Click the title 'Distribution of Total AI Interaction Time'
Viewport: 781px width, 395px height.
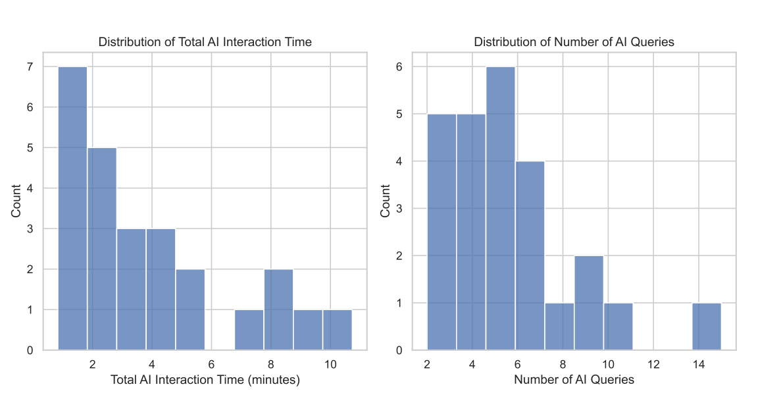(x=205, y=42)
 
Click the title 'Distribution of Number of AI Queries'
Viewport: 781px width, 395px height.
(x=574, y=42)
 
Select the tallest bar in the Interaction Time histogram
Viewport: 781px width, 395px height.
(x=72, y=208)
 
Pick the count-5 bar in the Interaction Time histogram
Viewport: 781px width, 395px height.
(x=102, y=249)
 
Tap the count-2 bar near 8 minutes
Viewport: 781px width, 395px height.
(x=278, y=309)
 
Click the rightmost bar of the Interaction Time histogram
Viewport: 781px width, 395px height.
(x=337, y=330)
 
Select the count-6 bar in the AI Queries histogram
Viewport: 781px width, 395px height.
(x=500, y=208)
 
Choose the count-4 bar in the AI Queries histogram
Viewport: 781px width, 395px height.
(x=530, y=255)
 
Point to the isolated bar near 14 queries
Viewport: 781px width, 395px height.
(x=707, y=327)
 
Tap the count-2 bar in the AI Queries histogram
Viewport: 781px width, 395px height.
(x=588, y=303)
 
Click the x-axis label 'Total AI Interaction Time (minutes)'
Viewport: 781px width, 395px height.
(x=205, y=380)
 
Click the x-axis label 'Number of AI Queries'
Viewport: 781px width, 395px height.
(x=574, y=380)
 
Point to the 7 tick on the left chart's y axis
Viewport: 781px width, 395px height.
(x=30, y=66)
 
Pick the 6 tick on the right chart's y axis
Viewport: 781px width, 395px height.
(x=399, y=66)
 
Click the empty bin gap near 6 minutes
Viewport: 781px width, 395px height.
(x=220, y=329)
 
